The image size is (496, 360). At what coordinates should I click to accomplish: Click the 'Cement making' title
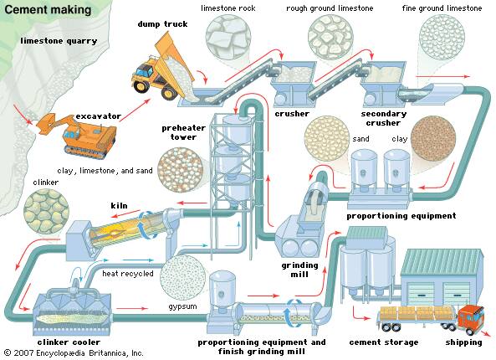tap(48, 9)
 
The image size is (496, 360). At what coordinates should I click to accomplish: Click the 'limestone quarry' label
tap(59, 41)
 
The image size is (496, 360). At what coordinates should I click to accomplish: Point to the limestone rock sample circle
tap(228, 37)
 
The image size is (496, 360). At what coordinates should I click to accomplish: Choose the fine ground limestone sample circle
tap(442, 37)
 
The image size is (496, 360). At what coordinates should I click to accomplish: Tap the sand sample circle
tap(327, 138)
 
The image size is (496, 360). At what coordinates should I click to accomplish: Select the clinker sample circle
tap(46, 212)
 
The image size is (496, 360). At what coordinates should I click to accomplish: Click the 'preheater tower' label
tap(183, 132)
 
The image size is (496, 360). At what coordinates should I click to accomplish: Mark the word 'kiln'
tap(119, 205)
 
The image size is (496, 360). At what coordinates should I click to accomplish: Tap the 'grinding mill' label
tap(299, 270)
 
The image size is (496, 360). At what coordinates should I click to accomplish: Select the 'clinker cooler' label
tap(69, 342)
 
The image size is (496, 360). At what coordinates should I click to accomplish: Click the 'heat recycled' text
tap(128, 273)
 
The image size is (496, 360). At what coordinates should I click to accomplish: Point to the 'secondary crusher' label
tap(383, 118)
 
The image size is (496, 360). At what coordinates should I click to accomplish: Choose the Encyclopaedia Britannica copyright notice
tap(74, 352)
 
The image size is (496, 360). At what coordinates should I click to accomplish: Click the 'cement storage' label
tap(384, 342)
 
